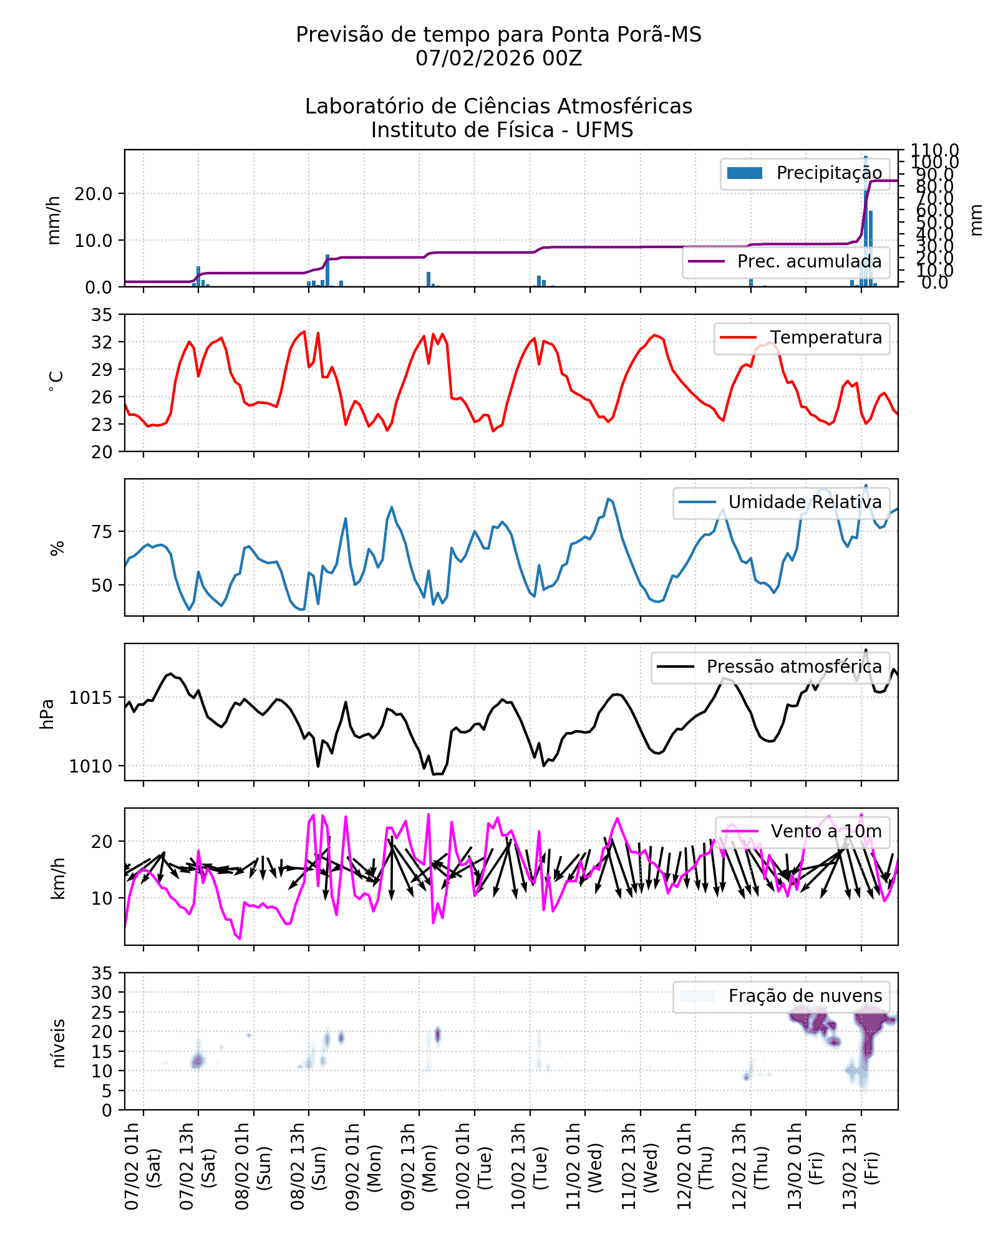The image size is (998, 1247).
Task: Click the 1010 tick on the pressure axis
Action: coord(90,766)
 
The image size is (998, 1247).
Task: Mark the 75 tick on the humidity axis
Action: coord(102,532)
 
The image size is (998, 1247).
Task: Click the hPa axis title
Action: coord(47,714)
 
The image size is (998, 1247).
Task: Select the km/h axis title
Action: coord(57,878)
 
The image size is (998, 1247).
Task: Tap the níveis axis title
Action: coord(57,1043)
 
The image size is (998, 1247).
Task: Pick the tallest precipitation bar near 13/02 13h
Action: coord(866,218)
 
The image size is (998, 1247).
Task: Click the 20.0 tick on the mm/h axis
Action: coord(94,194)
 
